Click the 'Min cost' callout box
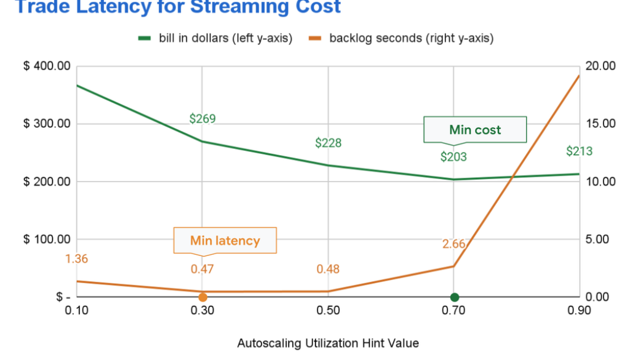pyautogui.click(x=475, y=130)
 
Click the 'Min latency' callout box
pyautogui.click(x=225, y=241)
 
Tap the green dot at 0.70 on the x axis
pyautogui.click(x=454, y=297)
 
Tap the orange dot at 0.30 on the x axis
pyautogui.click(x=202, y=297)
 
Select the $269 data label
pyautogui.click(x=202, y=118)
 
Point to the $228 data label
pyautogui.click(x=328, y=143)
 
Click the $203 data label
pyautogui.click(x=453, y=157)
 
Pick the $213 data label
pyautogui.click(x=579, y=151)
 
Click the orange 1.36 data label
pyautogui.click(x=76, y=259)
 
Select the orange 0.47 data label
pyautogui.click(x=202, y=269)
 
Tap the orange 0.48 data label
pyautogui.click(x=328, y=269)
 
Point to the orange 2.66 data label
pyautogui.click(x=453, y=244)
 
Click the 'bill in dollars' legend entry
pyautogui.click(x=215, y=38)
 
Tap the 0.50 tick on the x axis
pyautogui.click(x=328, y=310)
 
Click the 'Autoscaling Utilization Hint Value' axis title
pyautogui.click(x=328, y=343)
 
